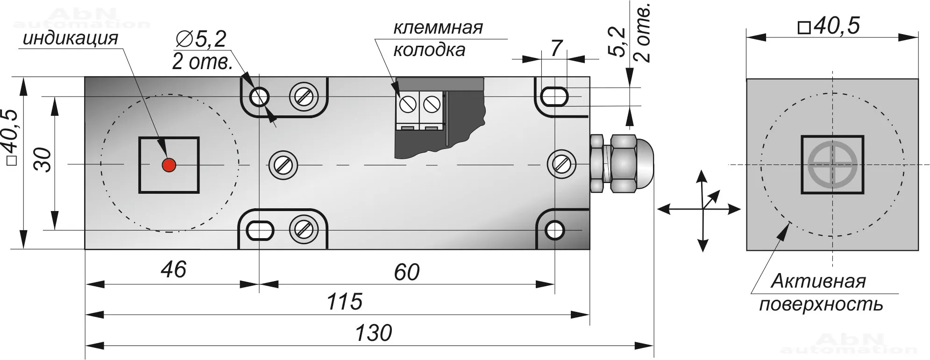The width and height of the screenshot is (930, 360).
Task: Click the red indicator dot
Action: [169, 164]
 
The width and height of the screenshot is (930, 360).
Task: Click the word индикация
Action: [71, 38]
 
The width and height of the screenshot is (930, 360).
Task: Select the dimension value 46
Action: [173, 269]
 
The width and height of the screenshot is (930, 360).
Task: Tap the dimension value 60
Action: [406, 272]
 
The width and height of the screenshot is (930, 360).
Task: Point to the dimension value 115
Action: [344, 302]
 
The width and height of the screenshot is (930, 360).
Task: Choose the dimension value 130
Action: [373, 333]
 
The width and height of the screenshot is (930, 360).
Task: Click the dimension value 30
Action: [43, 160]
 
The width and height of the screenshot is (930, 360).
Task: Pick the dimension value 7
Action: [555, 48]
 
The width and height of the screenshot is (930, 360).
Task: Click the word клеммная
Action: [438, 28]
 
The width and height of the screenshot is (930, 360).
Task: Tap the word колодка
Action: [429, 50]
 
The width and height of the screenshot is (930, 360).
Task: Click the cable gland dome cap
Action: [642, 164]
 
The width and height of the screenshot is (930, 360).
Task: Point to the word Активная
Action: [818, 282]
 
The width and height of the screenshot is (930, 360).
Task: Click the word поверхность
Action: [821, 304]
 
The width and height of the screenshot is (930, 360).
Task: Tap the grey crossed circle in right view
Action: [832, 165]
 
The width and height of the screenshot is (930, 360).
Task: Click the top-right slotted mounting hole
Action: [554, 97]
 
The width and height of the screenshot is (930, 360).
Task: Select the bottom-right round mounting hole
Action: [554, 230]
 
